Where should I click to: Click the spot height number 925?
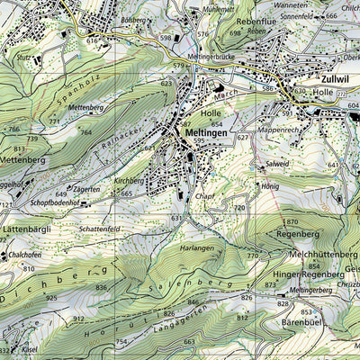[51, 297]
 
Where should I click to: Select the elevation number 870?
[291, 221]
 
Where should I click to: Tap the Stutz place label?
[24, 58]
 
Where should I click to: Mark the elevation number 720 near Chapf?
[239, 208]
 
